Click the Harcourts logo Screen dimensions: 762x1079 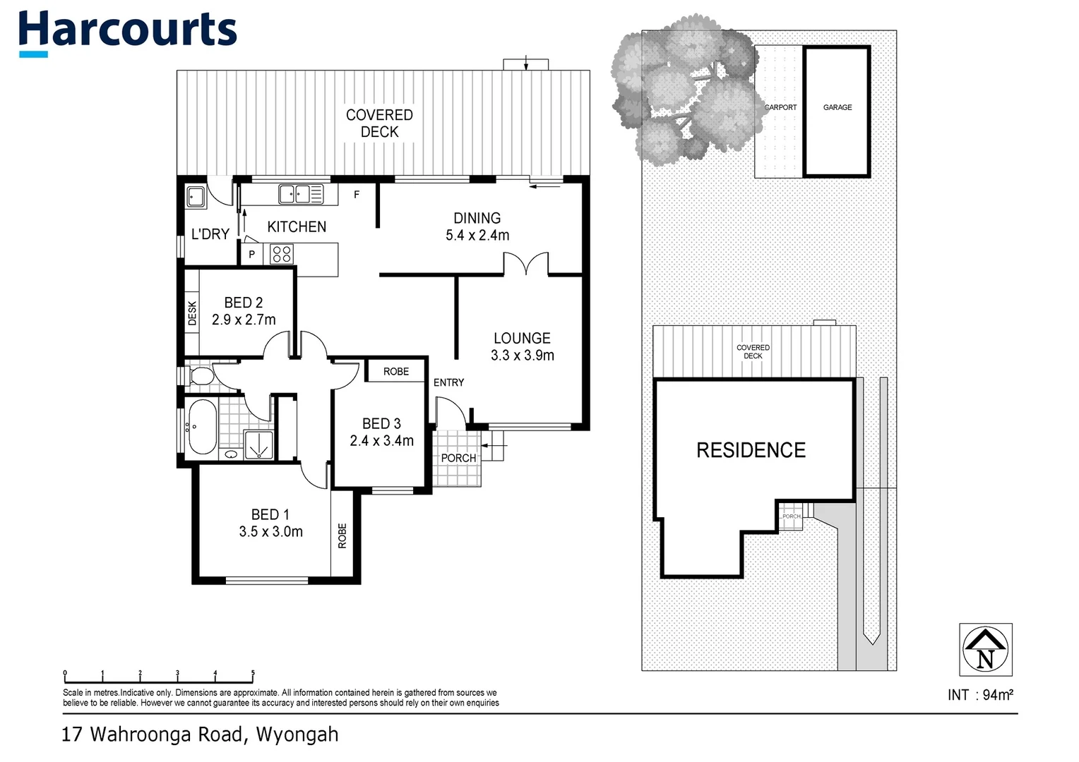[127, 32]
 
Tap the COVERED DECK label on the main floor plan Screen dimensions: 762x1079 [379, 123]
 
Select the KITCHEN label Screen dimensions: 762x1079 [297, 226]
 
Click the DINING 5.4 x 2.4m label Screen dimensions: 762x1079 [477, 226]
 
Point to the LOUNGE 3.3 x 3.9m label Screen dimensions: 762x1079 [522, 346]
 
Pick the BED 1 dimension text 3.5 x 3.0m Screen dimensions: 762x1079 [270, 532]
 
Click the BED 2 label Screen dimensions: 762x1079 [244, 303]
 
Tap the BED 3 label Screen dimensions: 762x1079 [381, 423]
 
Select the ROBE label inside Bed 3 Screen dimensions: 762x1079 [396, 371]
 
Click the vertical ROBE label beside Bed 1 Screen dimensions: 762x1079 [342, 536]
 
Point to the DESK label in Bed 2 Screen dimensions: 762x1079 [192, 314]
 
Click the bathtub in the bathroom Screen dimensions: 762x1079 [201, 428]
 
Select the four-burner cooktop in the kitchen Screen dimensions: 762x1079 [282, 254]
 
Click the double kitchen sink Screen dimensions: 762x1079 [296, 193]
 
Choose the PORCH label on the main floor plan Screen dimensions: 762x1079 [458, 458]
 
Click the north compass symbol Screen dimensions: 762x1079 [986, 649]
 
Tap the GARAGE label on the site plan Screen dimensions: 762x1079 [837, 107]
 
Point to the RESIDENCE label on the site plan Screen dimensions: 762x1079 [751, 450]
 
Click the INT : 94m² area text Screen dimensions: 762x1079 [980, 695]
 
